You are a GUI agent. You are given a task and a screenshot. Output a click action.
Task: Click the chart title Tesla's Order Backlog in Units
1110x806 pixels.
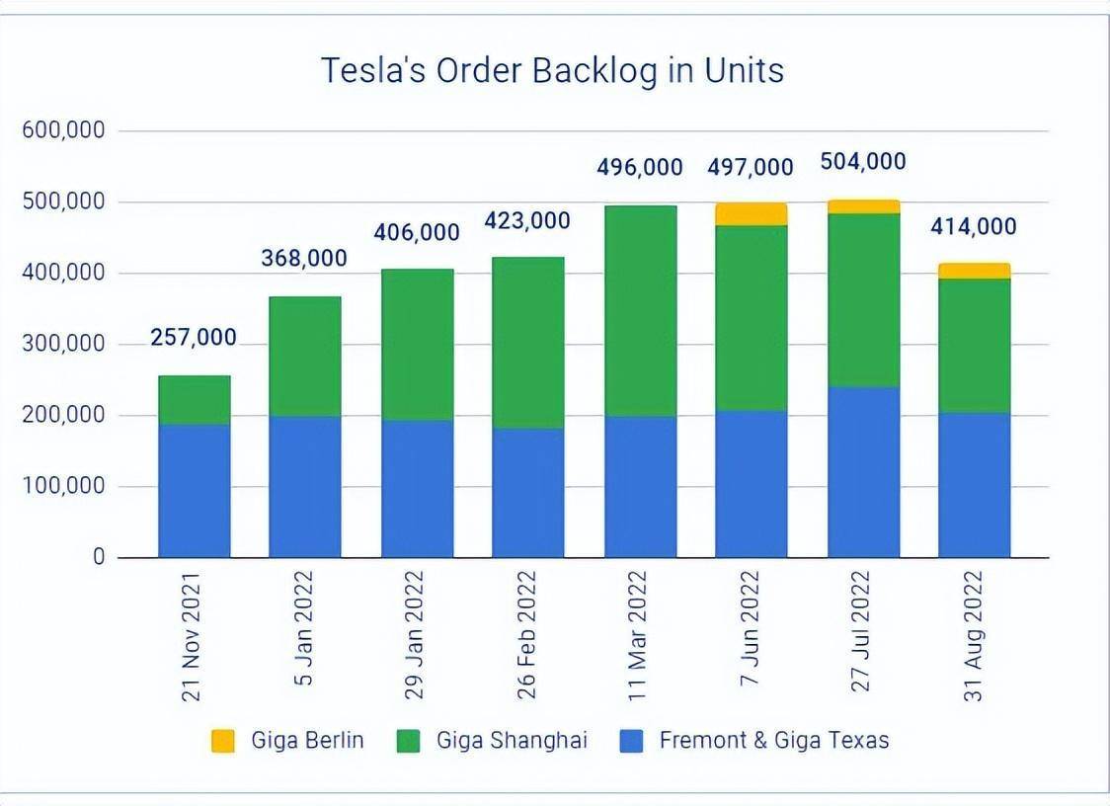(552, 71)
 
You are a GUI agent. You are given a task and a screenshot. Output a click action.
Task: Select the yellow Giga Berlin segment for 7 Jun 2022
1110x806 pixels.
(752, 214)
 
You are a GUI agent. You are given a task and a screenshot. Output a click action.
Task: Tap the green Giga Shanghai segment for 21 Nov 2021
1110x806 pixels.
(195, 400)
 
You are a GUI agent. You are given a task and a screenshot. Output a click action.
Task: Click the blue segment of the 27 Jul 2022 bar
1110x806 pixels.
(864, 472)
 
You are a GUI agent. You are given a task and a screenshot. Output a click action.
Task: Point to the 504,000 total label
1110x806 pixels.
(863, 162)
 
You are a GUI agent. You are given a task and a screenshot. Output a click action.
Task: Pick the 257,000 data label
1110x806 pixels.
(194, 338)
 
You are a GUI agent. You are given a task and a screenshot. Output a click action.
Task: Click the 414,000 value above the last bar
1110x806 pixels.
(974, 227)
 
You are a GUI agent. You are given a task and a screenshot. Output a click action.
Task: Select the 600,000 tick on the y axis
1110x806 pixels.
(63, 131)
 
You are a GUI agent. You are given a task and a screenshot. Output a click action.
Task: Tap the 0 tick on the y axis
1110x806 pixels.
(98, 558)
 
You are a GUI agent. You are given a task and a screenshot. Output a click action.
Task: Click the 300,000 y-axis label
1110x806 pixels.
(63, 345)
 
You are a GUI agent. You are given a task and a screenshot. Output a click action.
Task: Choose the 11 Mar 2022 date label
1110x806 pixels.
(638, 632)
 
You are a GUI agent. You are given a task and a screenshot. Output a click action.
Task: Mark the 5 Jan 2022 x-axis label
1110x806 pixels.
(304, 628)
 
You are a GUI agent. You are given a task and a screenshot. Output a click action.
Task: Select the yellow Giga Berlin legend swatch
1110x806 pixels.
(223, 741)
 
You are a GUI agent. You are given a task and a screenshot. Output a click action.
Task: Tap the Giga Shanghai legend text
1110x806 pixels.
(512, 741)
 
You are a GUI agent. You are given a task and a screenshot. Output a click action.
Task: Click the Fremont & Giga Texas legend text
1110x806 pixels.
(774, 741)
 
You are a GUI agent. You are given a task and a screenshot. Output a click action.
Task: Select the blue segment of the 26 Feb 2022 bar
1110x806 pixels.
(528, 493)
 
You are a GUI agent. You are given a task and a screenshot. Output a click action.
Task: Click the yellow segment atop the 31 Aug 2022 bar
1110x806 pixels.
(975, 271)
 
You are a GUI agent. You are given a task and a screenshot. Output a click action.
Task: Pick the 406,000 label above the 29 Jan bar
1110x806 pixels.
(417, 233)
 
